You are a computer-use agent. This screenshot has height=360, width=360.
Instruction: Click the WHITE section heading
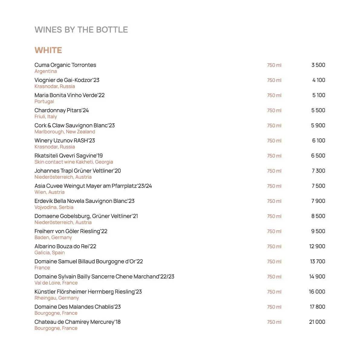48,50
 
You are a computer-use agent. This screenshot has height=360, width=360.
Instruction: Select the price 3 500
318,65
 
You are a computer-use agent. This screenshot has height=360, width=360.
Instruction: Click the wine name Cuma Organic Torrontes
65,65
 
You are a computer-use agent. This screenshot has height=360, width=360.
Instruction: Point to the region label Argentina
46,71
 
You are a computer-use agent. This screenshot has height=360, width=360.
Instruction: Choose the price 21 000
317,322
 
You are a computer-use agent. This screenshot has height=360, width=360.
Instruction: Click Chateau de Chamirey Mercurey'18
77,322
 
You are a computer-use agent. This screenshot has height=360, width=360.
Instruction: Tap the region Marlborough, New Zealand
65,132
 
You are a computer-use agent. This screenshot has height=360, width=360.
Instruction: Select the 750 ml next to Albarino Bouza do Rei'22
274,247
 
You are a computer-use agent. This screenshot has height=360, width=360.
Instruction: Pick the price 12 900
317,246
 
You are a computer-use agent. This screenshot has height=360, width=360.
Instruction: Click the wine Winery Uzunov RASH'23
65,141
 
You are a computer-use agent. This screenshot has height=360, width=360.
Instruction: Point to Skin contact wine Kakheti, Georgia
74,162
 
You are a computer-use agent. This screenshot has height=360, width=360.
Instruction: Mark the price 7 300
318,171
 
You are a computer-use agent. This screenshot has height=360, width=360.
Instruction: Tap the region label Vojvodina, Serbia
54,207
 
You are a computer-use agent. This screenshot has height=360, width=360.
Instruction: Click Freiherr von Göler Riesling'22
71,231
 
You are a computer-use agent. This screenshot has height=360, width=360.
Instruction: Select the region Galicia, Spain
50,253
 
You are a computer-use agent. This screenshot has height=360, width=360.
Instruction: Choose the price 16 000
317,292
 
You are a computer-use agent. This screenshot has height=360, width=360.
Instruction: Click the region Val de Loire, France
56,283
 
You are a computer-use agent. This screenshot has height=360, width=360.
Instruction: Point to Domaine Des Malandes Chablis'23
77,307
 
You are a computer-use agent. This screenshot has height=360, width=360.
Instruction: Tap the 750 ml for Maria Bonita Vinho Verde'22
274,96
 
